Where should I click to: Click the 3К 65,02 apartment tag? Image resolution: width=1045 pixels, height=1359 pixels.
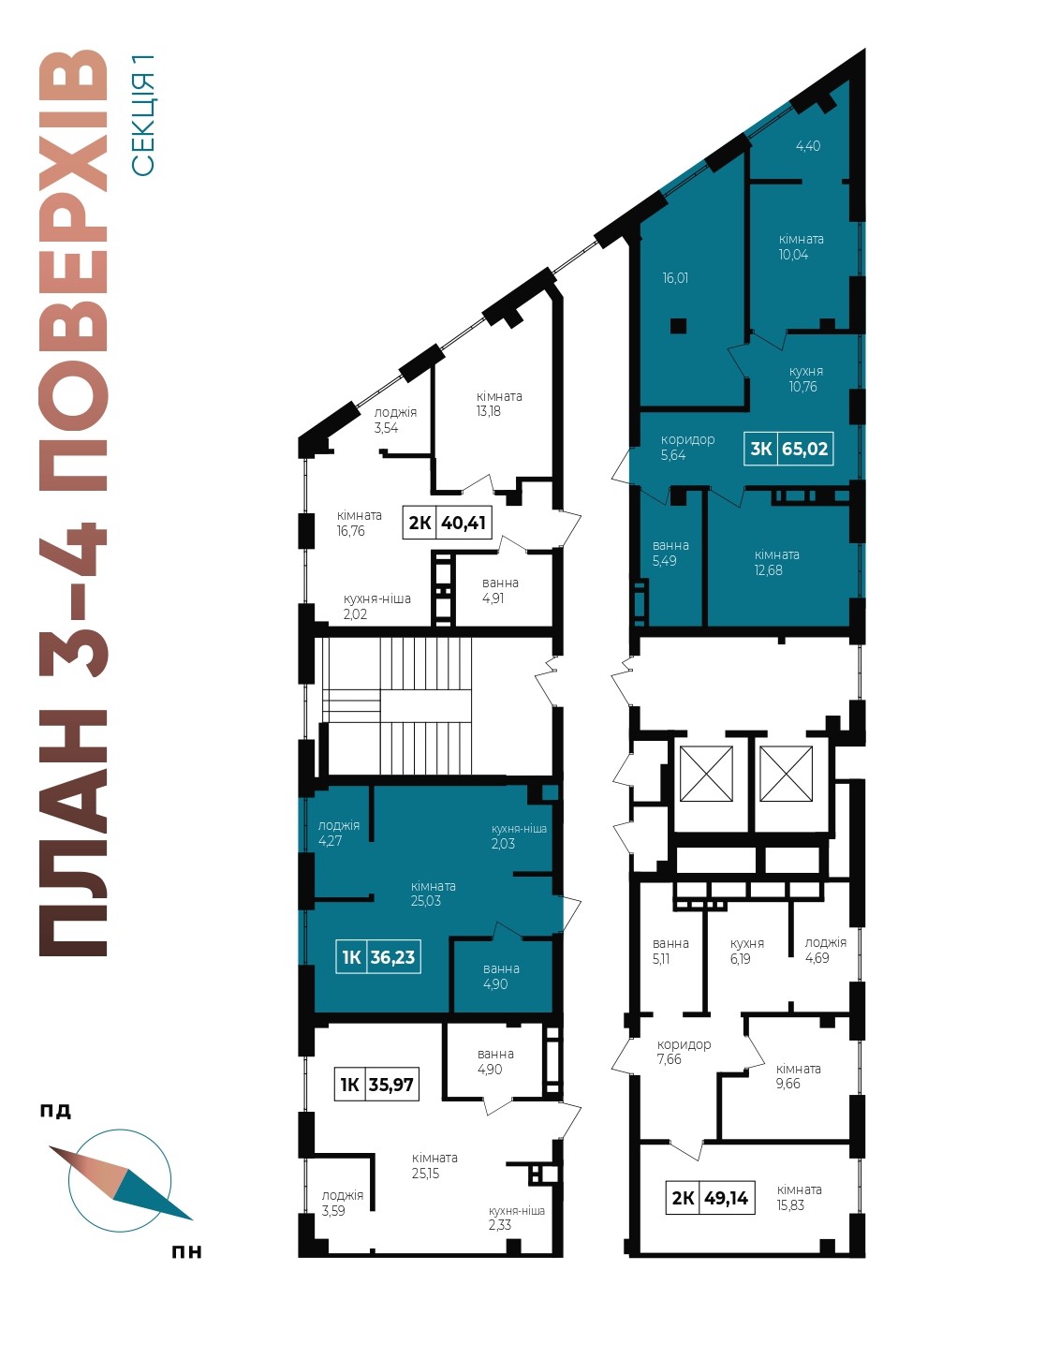pos(788,449)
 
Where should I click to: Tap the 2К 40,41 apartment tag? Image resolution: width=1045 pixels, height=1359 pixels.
pos(447,523)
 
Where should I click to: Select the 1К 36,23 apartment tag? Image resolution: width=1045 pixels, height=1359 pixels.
pos(378,957)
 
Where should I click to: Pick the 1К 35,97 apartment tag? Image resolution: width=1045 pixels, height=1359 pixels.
pos(376,1084)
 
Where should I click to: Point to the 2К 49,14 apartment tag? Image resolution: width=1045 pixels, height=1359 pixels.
pos(710,1198)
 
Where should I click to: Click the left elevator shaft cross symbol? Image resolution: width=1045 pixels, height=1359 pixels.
pos(706,774)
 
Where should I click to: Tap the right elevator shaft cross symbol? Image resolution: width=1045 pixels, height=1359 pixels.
pos(787,774)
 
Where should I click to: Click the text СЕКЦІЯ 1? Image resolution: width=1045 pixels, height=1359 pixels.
pos(143,115)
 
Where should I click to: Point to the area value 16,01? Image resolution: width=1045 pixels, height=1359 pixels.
pos(676,277)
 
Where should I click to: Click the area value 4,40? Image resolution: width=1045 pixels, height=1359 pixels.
pos(808,146)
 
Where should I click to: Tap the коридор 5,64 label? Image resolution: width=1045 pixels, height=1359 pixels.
pos(687,447)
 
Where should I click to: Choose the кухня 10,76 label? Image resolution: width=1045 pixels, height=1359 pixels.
pos(805,378)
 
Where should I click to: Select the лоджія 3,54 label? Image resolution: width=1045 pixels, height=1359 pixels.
pos(395,421)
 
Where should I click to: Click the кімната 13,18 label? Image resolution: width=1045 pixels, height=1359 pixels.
pos(499,404)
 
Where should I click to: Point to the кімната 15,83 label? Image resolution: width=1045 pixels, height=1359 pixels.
pos(800,1197)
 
